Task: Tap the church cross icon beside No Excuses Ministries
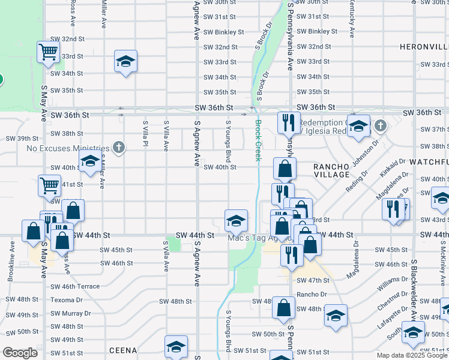pyautogui.click(x=119, y=147)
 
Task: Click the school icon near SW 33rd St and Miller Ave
pyautogui.click(x=126, y=61)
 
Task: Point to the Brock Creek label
pyautogui.click(x=258, y=140)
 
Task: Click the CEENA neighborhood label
pyautogui.click(x=124, y=349)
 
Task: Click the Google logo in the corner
pyautogui.click(x=20, y=353)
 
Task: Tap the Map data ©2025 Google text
pyautogui.click(x=412, y=356)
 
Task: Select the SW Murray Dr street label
pyautogui.click(x=71, y=313)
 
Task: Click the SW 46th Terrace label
pyautogui.click(x=75, y=286)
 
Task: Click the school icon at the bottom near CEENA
pyautogui.click(x=176, y=346)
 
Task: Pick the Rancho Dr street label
pyautogui.click(x=312, y=295)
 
